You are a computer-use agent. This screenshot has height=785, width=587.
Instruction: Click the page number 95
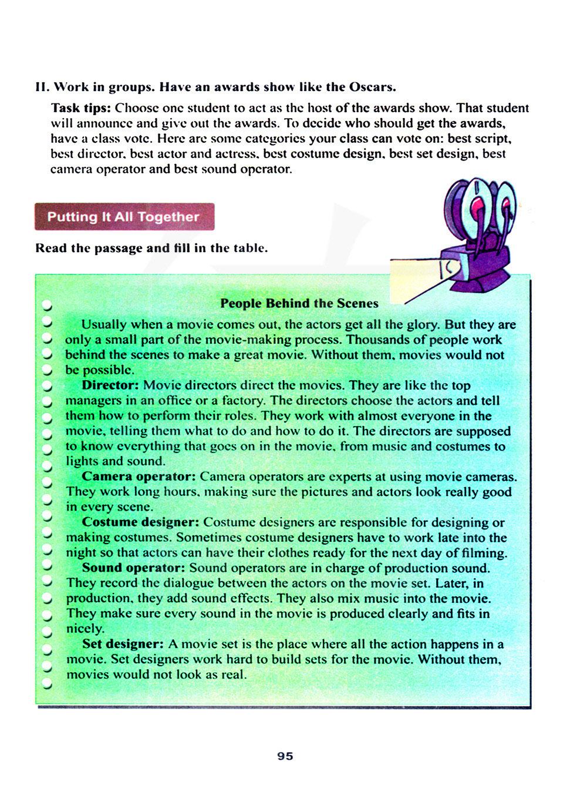[285, 756]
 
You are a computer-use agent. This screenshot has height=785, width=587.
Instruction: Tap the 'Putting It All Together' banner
[124, 217]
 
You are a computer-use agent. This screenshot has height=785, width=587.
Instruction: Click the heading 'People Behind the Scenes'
[299, 303]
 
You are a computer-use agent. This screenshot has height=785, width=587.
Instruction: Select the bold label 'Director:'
[110, 385]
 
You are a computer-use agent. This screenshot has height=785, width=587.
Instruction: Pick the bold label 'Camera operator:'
[139, 477]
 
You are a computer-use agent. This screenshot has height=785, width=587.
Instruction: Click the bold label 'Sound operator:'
[134, 568]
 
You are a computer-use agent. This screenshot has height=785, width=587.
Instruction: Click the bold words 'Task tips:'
[81, 108]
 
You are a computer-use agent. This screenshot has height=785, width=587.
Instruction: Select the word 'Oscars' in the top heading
[370, 87]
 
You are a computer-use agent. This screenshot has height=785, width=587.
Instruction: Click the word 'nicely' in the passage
[84, 629]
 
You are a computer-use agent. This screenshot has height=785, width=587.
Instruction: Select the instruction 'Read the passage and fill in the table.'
[151, 248]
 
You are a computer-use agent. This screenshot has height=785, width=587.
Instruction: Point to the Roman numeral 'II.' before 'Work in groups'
[42, 87]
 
